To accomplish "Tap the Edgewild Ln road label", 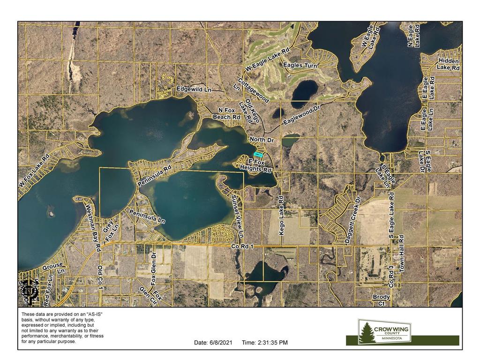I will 194,89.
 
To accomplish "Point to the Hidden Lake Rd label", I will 449,64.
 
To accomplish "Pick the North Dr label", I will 261,140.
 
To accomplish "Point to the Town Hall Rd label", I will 401,251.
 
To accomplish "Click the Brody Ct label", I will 381,300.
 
